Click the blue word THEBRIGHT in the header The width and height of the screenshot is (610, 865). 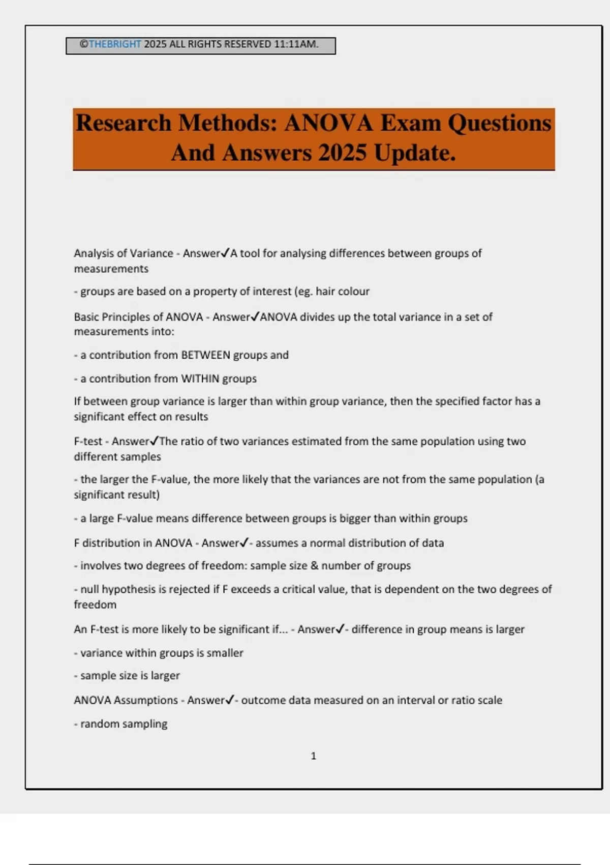click(115, 44)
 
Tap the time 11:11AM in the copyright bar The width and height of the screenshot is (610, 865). click(296, 44)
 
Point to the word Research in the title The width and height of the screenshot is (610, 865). click(124, 123)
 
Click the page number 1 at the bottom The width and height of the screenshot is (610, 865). click(314, 756)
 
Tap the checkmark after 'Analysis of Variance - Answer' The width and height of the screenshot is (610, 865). click(225, 253)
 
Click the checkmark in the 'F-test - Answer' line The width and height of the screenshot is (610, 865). click(155, 441)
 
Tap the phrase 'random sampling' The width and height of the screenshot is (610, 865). click(124, 724)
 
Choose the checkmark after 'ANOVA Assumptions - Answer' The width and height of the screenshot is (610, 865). click(230, 700)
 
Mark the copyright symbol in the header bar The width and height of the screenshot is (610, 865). click(84, 44)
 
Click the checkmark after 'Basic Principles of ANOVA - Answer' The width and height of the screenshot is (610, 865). click(255, 316)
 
